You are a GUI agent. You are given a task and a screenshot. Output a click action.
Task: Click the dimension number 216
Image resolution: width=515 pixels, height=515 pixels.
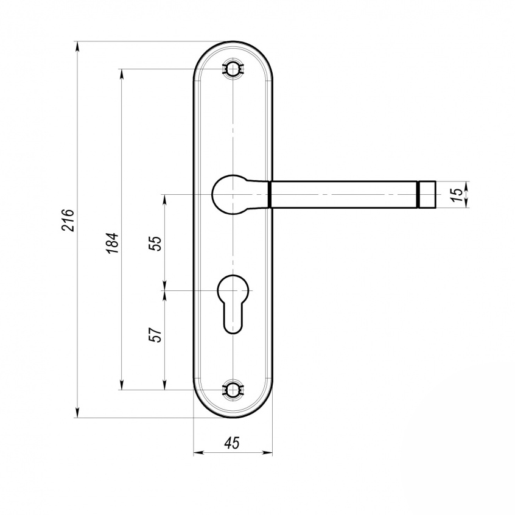pyautogui.click(x=69, y=220)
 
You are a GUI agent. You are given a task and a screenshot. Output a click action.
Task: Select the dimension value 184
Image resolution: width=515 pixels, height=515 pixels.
pyautogui.click(x=113, y=243)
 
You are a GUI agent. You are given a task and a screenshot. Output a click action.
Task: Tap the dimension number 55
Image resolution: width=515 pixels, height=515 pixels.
pyautogui.click(x=156, y=243)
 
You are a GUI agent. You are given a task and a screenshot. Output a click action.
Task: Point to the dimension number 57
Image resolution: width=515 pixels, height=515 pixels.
pyautogui.click(x=156, y=335)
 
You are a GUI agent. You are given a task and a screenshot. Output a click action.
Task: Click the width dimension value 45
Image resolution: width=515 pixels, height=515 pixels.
pyautogui.click(x=232, y=443)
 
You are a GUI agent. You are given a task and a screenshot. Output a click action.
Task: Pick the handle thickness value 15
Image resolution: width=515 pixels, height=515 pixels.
pyautogui.click(x=458, y=194)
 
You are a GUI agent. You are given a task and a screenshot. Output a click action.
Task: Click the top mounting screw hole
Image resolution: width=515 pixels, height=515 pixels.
pyautogui.click(x=233, y=69)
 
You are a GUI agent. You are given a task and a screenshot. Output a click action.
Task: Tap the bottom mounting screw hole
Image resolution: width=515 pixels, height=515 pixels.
pyautogui.click(x=233, y=390)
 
